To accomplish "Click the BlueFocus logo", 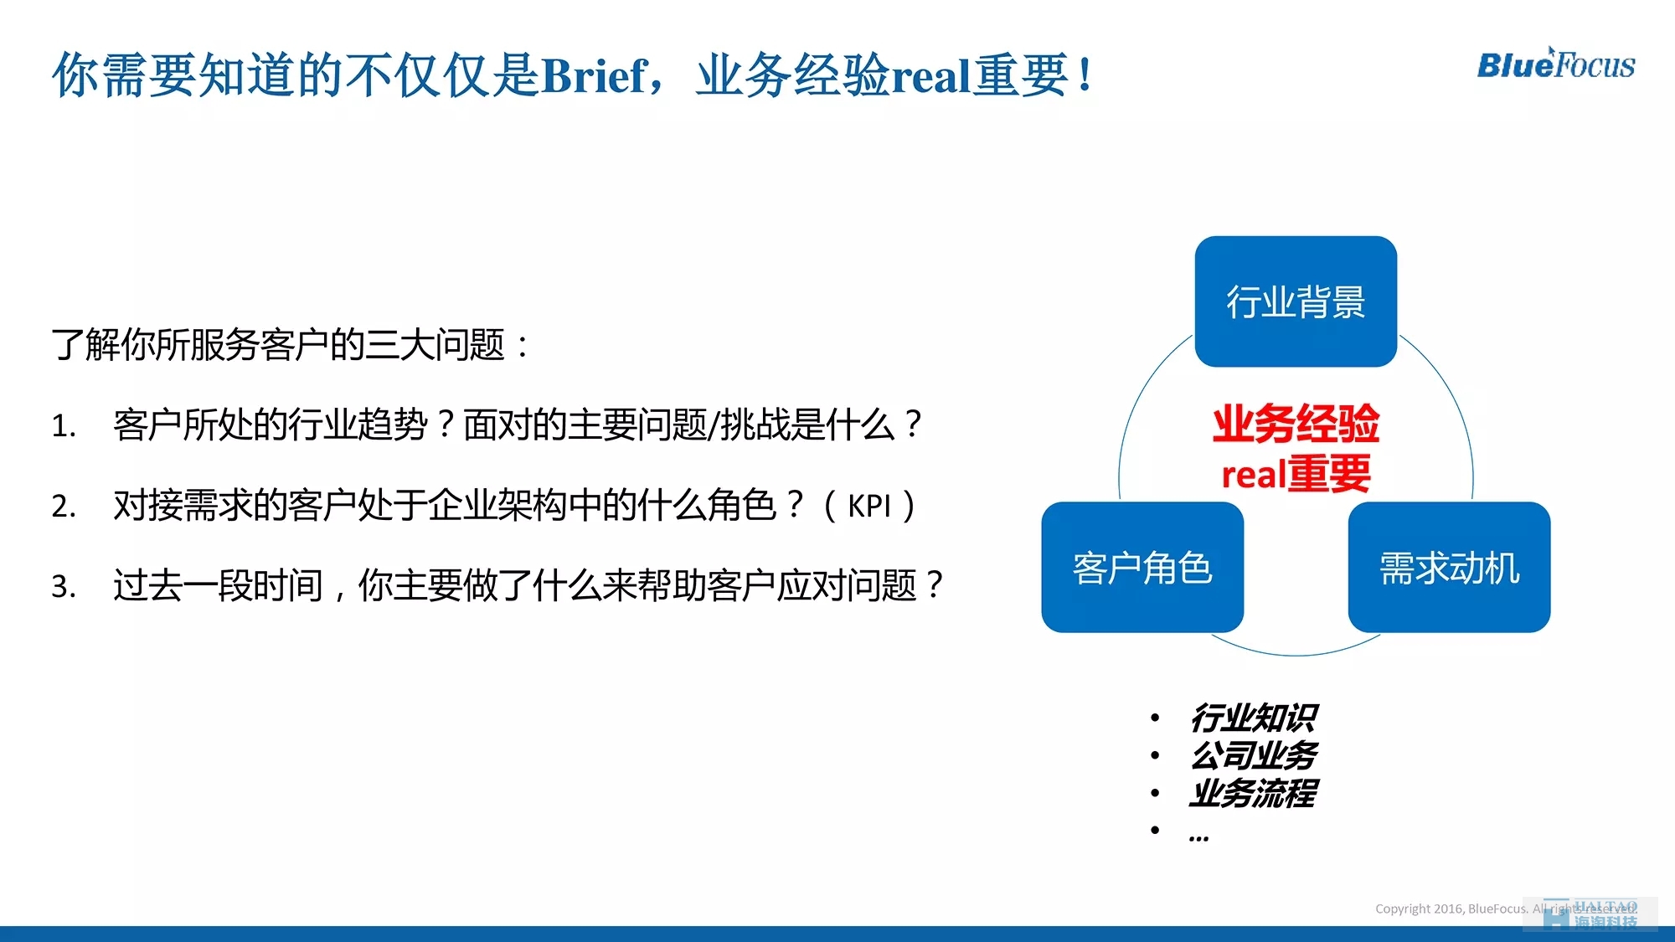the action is coord(1555,64).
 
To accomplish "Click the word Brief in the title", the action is coord(594,75).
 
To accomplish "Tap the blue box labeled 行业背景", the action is coord(1296,301).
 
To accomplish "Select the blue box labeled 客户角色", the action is coord(1142,567).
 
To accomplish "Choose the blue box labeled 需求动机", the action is coord(1449,567).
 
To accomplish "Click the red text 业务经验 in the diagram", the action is coord(1296,423).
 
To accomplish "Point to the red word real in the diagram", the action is coord(1254,475).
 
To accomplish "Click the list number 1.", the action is coord(63,426).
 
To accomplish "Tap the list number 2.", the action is coord(63,507).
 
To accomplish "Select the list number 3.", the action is coord(63,586).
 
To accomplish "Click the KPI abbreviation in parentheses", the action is coord(869,506).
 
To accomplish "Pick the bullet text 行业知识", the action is coord(1254,718).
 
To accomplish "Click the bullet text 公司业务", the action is coord(1254,755).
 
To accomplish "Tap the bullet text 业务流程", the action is coord(1254,793).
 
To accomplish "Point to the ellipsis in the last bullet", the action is coord(1198,836).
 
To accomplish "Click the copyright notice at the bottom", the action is coord(1506,909).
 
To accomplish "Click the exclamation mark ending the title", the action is coord(1085,75).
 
